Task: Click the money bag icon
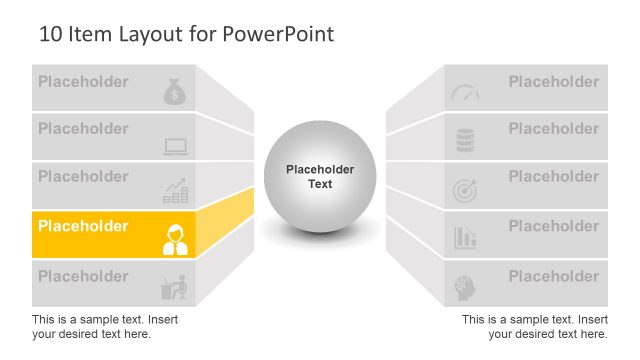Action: pyautogui.click(x=175, y=92)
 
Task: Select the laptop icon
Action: pyautogui.click(x=176, y=147)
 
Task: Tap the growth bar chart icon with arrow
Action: pyautogui.click(x=176, y=190)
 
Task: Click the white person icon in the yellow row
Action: pyautogui.click(x=175, y=239)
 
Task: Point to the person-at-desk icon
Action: pyautogui.click(x=175, y=287)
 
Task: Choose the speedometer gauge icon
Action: pyautogui.click(x=465, y=92)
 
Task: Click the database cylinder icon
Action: pyautogui.click(x=465, y=140)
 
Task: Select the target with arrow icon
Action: pyautogui.click(x=465, y=189)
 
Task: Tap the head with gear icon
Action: pyautogui.click(x=465, y=286)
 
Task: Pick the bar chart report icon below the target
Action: pyautogui.click(x=465, y=238)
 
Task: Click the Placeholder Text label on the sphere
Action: pyautogui.click(x=320, y=177)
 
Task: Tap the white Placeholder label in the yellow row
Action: pyautogui.click(x=83, y=226)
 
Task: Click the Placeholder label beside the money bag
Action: pyautogui.click(x=83, y=82)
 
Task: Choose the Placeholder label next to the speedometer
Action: pyautogui.click(x=554, y=82)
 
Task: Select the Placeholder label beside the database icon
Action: pyautogui.click(x=554, y=129)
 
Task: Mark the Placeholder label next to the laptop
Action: pyautogui.click(x=83, y=129)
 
